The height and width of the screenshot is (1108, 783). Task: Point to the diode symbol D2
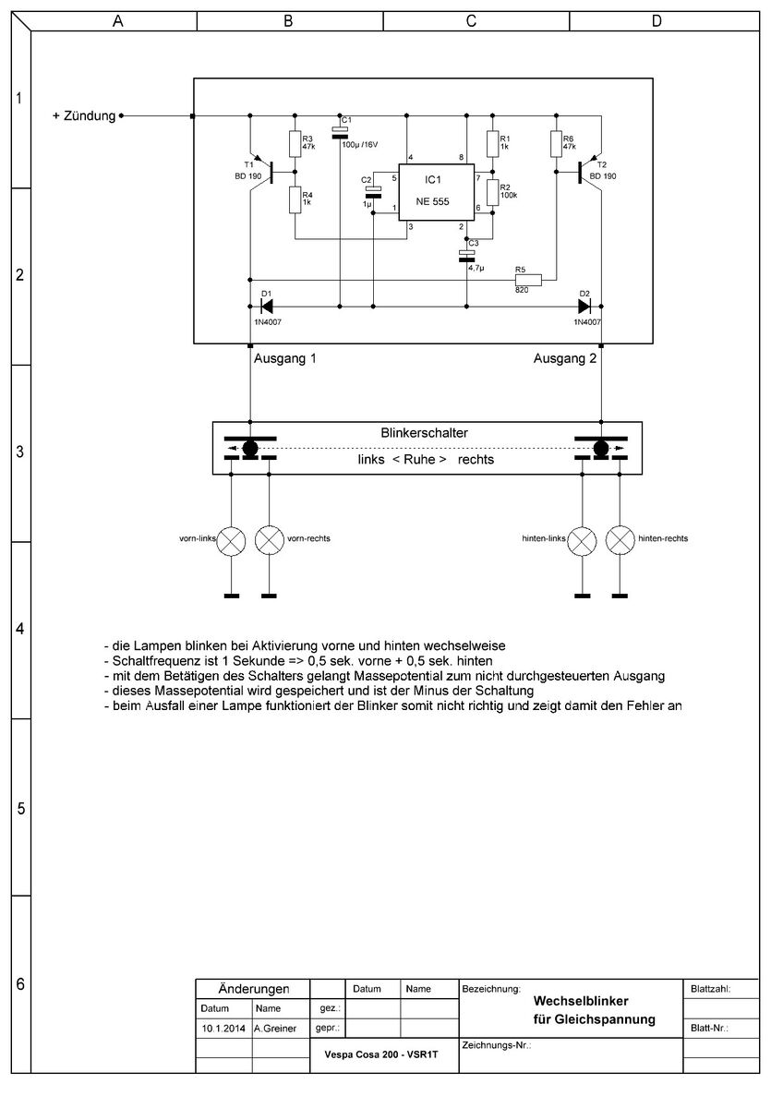click(584, 305)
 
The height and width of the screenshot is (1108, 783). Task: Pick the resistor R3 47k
click(295, 143)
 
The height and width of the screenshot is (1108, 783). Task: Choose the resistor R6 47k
click(556, 143)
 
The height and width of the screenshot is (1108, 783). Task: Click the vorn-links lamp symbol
click(231, 542)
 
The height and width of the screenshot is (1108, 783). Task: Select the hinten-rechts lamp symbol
click(620, 542)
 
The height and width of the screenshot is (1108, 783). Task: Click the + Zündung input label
click(84, 116)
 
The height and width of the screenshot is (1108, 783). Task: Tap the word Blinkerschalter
click(425, 432)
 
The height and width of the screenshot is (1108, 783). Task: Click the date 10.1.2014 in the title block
click(223, 1027)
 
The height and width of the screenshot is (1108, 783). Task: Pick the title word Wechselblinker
click(581, 1000)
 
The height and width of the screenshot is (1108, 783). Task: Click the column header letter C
click(471, 20)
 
